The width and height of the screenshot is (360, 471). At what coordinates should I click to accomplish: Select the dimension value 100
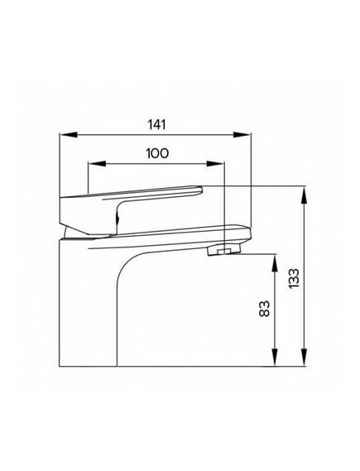pos(157,153)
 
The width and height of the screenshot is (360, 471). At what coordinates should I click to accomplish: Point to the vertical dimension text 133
pos(295,277)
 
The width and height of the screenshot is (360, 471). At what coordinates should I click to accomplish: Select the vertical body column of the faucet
pos(91,306)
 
